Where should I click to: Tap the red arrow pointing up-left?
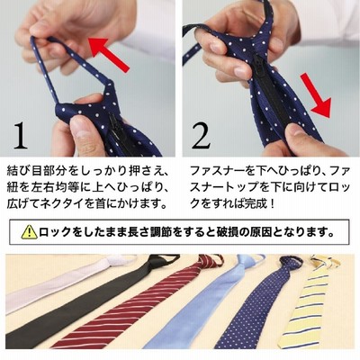click(x=109, y=54)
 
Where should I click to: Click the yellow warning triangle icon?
click(x=30, y=232)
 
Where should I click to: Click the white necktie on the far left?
click(x=60, y=281)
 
